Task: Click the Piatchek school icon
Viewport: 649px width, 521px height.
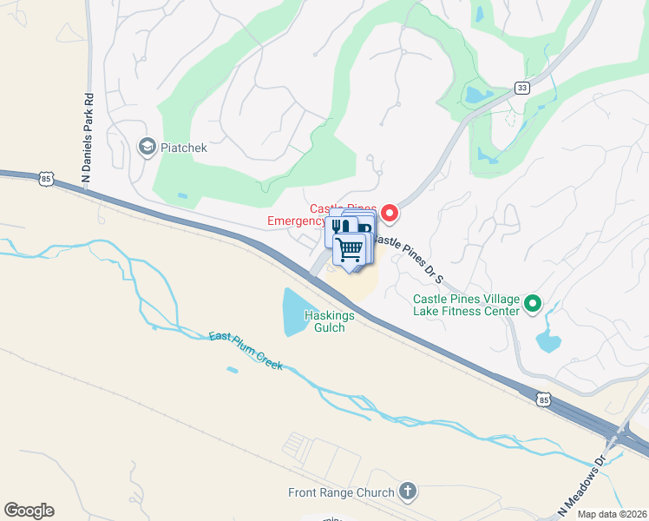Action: (x=147, y=147)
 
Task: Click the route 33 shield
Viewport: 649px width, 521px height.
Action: (x=521, y=88)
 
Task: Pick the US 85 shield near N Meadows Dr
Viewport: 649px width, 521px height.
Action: (x=543, y=399)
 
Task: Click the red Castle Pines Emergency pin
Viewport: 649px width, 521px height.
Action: (x=390, y=211)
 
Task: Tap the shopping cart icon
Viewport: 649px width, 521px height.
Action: (x=350, y=248)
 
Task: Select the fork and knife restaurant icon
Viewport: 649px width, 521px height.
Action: (x=338, y=228)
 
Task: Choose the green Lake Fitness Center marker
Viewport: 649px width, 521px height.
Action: (x=533, y=304)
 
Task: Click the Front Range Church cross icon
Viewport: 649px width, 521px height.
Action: (x=407, y=492)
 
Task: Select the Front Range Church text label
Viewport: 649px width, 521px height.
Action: (x=341, y=493)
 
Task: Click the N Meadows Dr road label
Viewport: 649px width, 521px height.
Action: (x=575, y=491)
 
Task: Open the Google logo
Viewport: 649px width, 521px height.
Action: (x=29, y=511)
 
